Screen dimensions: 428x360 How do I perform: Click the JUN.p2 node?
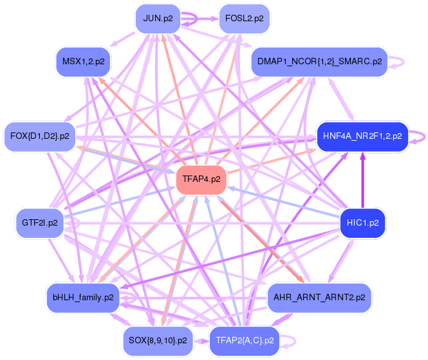(158, 19)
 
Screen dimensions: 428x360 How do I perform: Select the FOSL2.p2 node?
(245, 19)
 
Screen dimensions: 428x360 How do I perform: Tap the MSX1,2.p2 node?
(83, 62)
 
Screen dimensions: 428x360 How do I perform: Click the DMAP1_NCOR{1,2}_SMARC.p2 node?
(319, 62)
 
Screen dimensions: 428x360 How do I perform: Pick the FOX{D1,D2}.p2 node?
(39, 136)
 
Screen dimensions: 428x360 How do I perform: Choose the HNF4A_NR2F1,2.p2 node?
(362, 136)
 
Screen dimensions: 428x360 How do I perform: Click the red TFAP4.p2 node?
(201, 179)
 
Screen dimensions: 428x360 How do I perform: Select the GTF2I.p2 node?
(39, 223)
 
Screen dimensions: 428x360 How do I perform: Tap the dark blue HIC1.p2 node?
(362, 223)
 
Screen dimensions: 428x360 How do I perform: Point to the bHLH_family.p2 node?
(83, 298)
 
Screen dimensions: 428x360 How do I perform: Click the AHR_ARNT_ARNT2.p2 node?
(319, 298)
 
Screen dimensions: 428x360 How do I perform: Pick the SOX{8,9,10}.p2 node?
(158, 341)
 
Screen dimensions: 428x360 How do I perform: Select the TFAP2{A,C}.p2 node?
(245, 341)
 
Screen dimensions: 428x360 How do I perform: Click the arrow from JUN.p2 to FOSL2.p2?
(200, 19)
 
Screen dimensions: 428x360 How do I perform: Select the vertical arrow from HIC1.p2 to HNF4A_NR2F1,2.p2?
(362, 180)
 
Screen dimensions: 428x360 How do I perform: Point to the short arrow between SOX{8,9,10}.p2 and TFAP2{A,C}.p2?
(201, 341)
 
